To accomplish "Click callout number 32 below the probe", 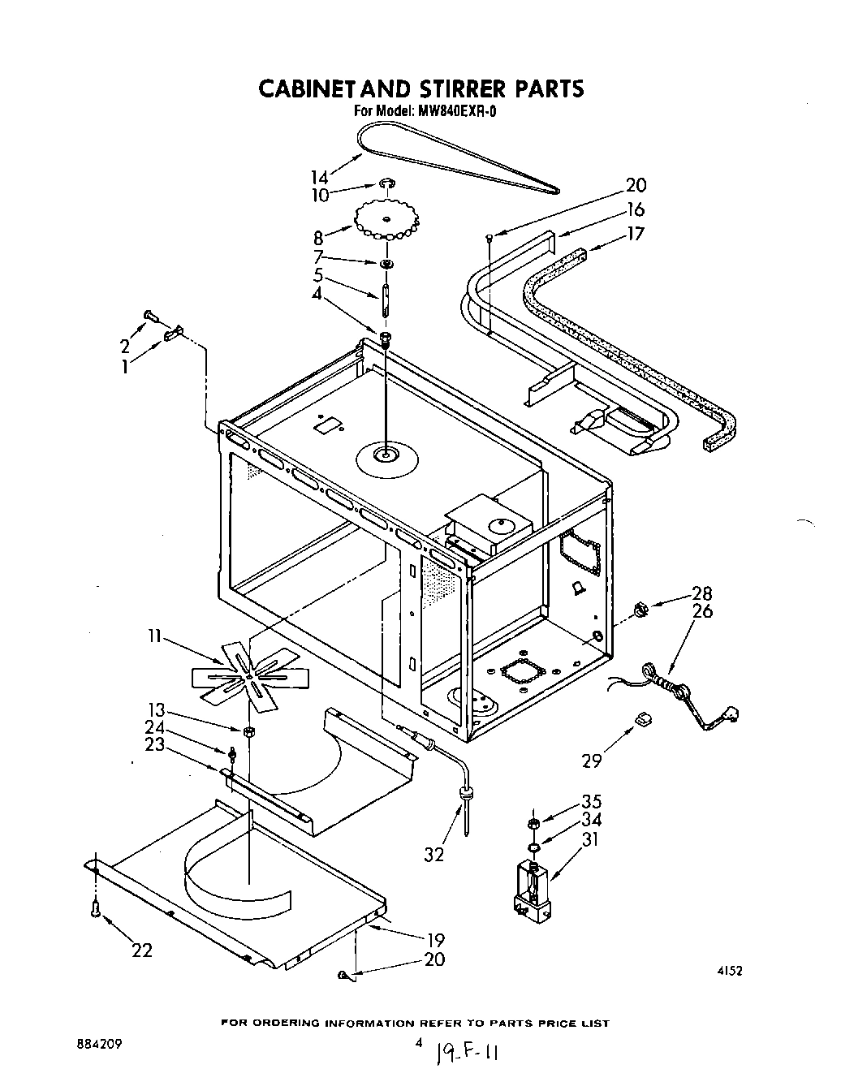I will pyautogui.click(x=434, y=854).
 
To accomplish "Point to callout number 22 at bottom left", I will pyautogui.click(x=143, y=950).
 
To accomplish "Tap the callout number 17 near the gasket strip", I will pyautogui.click(x=636, y=234).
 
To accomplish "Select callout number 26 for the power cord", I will pyautogui.click(x=703, y=611).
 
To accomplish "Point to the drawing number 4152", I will pyautogui.click(x=729, y=970).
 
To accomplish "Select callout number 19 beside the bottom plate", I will pyautogui.click(x=436, y=940).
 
